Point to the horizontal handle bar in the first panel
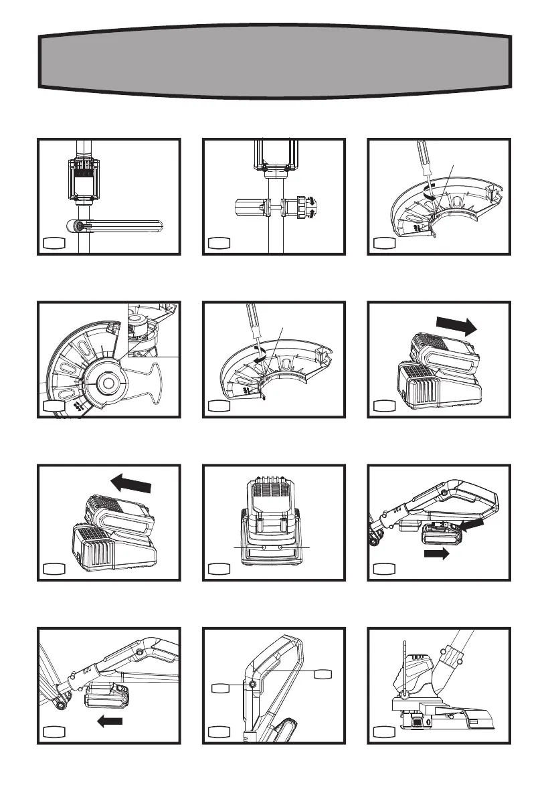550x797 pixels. coord(120,226)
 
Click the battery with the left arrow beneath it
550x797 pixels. coord(103,697)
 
